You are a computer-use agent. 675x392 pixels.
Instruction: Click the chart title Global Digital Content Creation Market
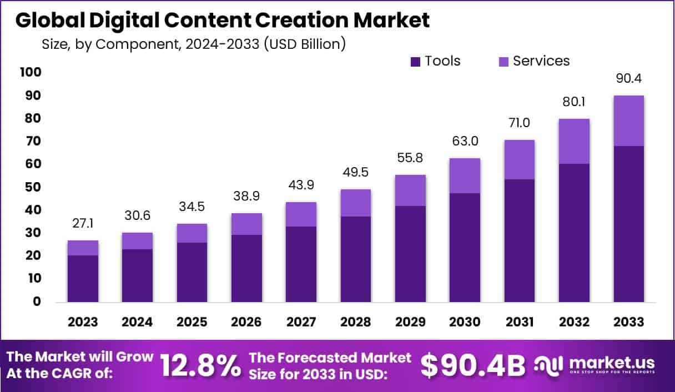222,21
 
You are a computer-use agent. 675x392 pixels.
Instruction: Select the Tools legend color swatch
415,62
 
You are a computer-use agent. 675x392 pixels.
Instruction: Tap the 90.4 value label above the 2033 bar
628,79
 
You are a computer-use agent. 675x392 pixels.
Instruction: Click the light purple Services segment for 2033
628,120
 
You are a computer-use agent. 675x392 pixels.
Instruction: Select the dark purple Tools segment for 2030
465,248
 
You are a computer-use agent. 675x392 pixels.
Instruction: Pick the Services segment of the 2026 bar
246,224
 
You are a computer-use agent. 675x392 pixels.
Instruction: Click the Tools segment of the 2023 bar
83,279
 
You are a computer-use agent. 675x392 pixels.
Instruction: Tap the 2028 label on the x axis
356,322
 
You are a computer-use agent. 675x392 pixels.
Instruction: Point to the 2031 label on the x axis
519,322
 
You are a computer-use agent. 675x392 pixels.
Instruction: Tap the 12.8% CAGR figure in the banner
200,365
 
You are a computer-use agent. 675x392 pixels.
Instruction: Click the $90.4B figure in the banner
472,365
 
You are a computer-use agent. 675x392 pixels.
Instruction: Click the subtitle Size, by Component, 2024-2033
193,44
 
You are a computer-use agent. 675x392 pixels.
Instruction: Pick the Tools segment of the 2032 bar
574,233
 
